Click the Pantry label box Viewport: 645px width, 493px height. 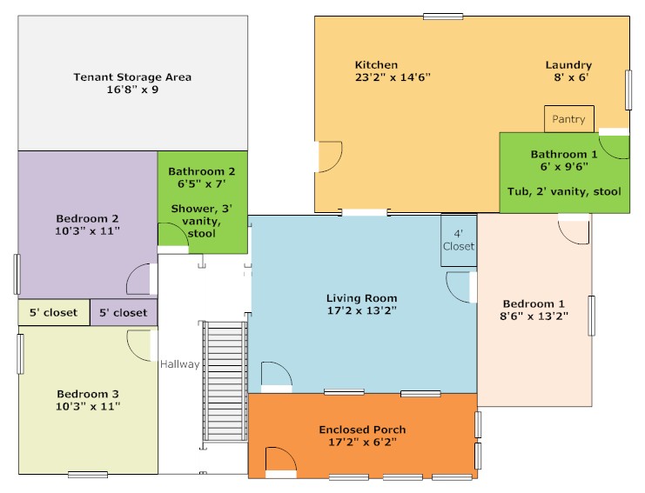[x=569, y=119]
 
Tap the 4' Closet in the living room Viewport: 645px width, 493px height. [x=459, y=240]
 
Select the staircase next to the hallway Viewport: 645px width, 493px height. [x=225, y=382]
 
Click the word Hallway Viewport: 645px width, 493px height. [x=180, y=364]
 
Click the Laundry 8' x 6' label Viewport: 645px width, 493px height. [x=569, y=70]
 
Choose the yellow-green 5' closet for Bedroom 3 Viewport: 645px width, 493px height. [x=54, y=312]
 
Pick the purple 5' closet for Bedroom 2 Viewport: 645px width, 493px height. [x=124, y=313]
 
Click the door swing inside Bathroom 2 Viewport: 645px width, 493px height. [x=173, y=237]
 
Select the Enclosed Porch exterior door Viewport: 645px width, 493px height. [x=281, y=463]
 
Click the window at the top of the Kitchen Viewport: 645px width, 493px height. [x=443, y=17]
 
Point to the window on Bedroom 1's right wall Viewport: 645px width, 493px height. [x=592, y=316]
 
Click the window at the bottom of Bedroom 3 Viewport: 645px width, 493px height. [x=88, y=475]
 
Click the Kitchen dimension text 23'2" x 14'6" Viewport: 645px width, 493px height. [x=393, y=77]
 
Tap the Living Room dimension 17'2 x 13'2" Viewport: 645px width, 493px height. [x=362, y=310]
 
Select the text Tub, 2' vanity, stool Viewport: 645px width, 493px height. [x=564, y=191]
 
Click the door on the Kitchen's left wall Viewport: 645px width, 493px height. [x=328, y=157]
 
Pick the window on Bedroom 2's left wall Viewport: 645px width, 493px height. [x=17, y=274]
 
